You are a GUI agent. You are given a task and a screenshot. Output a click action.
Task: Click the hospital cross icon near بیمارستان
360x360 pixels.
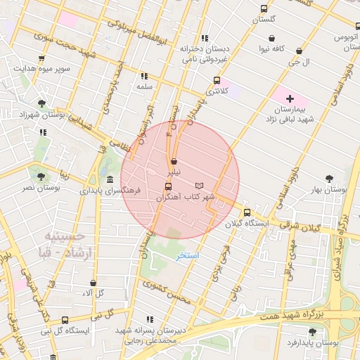click(289, 98)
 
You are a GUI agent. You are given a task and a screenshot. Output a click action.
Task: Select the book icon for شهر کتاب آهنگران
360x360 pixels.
click(199, 185)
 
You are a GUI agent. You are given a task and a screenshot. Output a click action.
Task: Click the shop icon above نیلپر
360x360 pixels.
click(174, 161)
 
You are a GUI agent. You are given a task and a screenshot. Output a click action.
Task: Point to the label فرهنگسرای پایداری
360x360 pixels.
click(109, 191)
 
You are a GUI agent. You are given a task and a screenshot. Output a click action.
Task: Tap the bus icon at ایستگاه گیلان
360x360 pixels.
click(247, 212)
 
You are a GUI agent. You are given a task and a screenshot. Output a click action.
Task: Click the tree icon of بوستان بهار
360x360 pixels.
click(330, 179)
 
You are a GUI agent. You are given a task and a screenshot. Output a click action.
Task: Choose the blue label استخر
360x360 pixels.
click(187, 255)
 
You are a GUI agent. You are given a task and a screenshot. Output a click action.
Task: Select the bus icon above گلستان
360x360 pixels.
click(264, 9)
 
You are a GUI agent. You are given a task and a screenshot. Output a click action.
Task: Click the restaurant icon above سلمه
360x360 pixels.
click(144, 76)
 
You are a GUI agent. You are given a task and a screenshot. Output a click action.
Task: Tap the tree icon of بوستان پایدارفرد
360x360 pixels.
click(312, 331)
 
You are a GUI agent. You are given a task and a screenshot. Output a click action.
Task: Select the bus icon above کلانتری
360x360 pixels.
click(217, 81)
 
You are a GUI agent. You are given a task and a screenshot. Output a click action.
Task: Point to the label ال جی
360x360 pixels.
click(301, 63)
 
